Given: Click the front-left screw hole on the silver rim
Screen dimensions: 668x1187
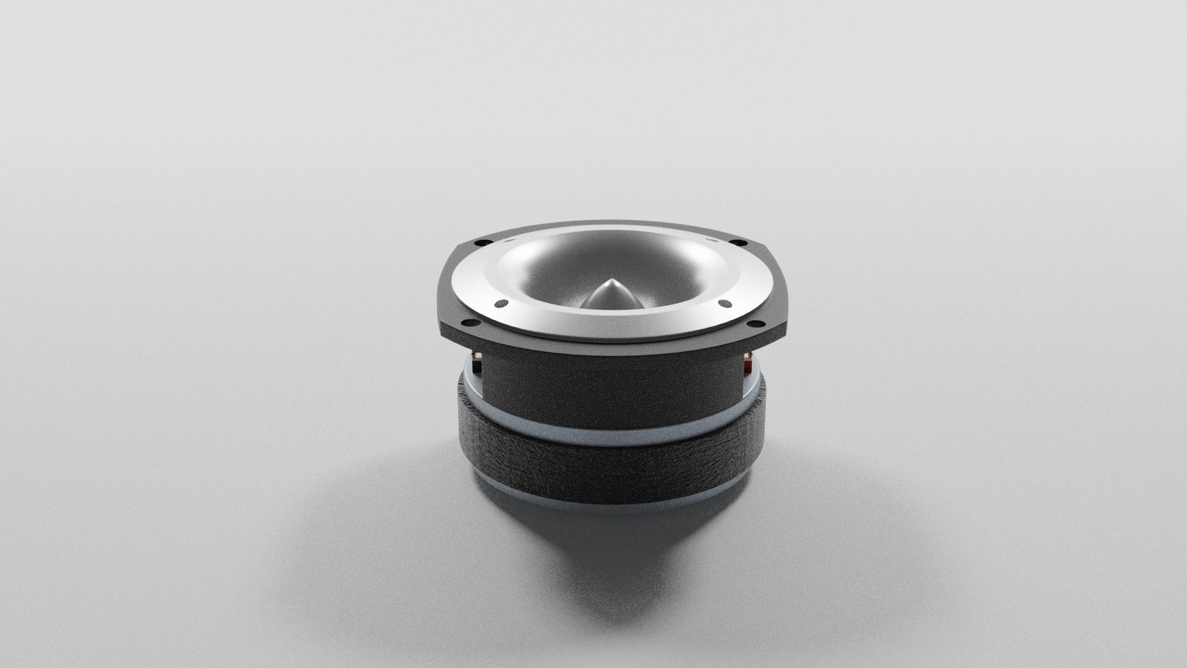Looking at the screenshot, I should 501,303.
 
